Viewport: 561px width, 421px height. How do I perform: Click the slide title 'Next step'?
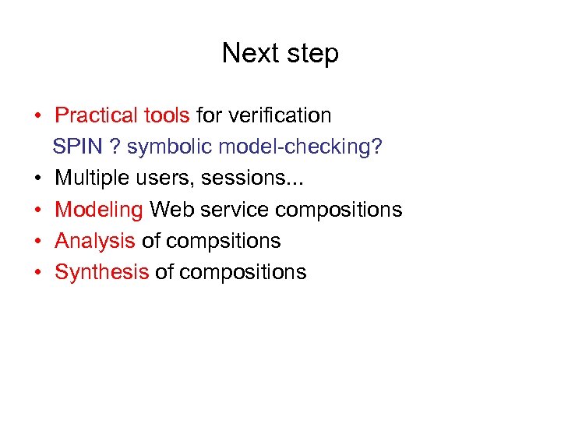[280, 54]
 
